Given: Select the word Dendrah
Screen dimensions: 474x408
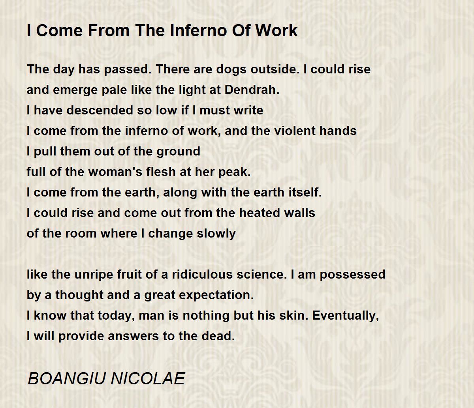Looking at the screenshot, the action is [x=252, y=90].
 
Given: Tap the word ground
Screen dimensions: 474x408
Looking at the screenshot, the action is [x=178, y=152].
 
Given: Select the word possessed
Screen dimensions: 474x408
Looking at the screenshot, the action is [x=352, y=275].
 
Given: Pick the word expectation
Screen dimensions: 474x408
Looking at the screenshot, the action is [x=216, y=295].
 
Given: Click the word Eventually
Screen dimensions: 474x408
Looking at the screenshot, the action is [x=346, y=316].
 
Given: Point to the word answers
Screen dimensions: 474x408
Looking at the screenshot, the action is [x=133, y=336].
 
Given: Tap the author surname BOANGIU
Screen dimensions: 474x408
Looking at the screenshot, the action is [x=67, y=378].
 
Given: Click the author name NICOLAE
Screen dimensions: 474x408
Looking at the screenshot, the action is [x=148, y=378].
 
